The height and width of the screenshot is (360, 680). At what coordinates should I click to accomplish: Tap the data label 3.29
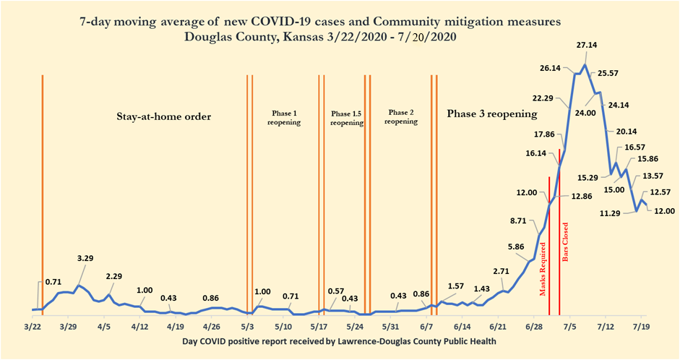tap(85, 258)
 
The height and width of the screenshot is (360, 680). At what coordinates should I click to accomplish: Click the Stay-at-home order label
tap(169, 116)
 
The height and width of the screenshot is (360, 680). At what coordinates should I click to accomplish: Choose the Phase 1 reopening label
tap(284, 119)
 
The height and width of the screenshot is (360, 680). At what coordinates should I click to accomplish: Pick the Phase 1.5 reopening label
tap(346, 119)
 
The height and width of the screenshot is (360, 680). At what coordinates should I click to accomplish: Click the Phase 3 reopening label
tap(491, 114)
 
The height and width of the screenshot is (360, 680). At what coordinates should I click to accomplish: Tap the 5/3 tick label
tap(248, 326)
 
